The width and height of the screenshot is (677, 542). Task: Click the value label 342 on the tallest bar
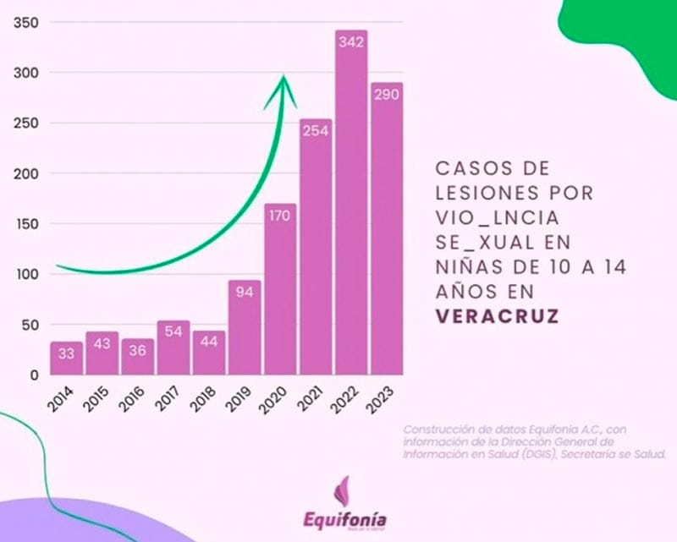coord(350,41)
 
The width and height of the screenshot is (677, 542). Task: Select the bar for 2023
coord(386,237)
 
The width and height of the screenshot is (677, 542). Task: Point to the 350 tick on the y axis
coord(28,23)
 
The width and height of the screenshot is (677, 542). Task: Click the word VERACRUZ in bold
coord(497,318)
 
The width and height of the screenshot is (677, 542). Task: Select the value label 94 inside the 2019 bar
coord(243,293)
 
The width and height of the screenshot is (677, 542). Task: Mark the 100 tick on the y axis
coord(28,274)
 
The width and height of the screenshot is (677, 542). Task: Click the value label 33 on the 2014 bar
coord(65,353)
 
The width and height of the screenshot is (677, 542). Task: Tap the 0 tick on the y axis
coord(35,375)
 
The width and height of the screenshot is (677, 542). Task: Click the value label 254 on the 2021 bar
coord(315,131)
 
